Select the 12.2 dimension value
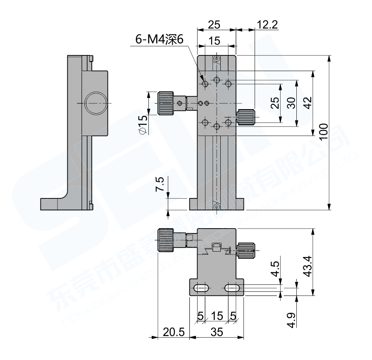point(267,25)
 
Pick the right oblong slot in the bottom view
point(232,288)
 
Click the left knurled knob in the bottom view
point(165,241)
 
